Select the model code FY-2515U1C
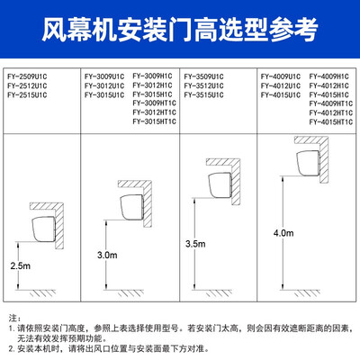(27, 92)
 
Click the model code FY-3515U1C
(206, 92)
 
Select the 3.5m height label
(195, 243)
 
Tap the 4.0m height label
(283, 232)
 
